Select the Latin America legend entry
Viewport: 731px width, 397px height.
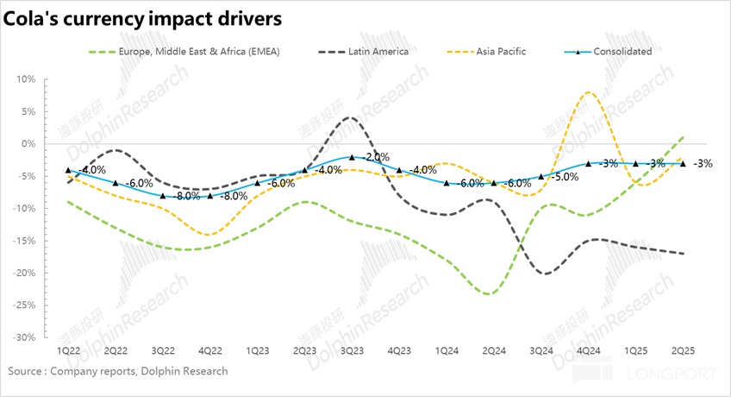tap(378, 51)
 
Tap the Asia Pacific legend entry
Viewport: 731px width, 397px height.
tap(500, 51)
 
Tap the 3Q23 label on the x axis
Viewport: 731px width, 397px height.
tap(351, 352)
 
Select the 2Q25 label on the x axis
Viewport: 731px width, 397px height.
tap(684, 352)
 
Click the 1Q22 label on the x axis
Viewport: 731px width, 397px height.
tap(68, 352)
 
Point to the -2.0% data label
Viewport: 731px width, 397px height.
tap(375, 157)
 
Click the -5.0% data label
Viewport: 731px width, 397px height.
tap(566, 177)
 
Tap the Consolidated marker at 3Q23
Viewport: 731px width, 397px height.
tap(352, 157)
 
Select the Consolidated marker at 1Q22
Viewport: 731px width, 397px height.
tap(68, 170)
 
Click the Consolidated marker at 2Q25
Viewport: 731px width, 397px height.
tap(683, 163)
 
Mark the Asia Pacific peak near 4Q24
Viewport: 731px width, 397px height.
tap(588, 92)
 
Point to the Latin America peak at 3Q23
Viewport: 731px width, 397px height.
tap(349, 117)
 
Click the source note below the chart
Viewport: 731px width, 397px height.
tap(118, 371)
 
